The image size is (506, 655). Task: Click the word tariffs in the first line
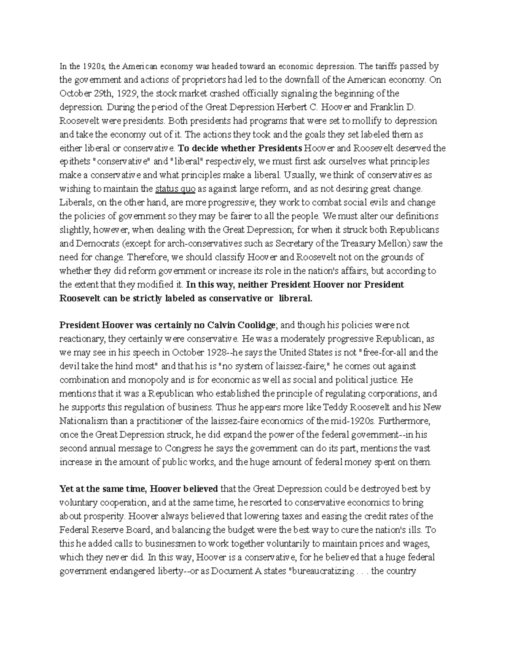click(x=385, y=66)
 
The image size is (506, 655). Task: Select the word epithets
click(x=74, y=162)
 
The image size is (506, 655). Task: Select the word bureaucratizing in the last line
click(x=323, y=571)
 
